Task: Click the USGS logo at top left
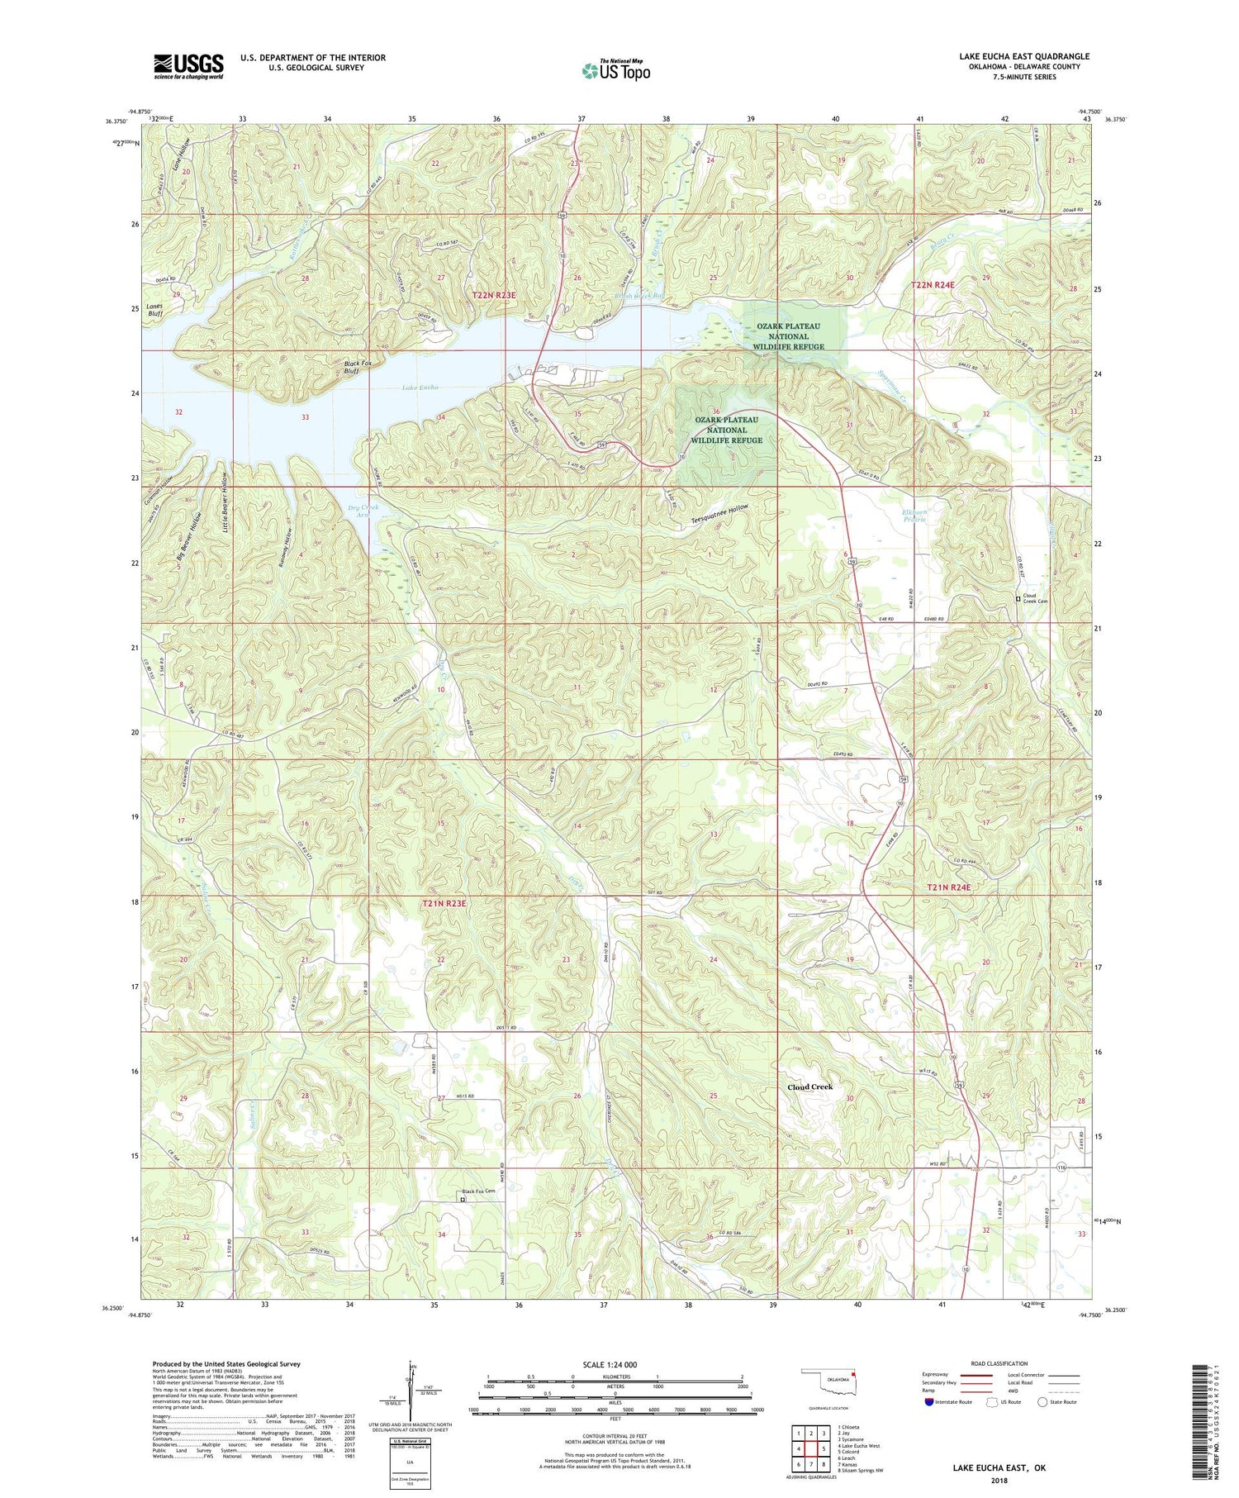click(188, 66)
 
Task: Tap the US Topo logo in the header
click(615, 70)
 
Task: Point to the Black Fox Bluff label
click(358, 367)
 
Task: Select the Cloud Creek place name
click(809, 1087)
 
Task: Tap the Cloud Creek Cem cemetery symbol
click(1017, 599)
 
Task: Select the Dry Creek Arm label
click(363, 510)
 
